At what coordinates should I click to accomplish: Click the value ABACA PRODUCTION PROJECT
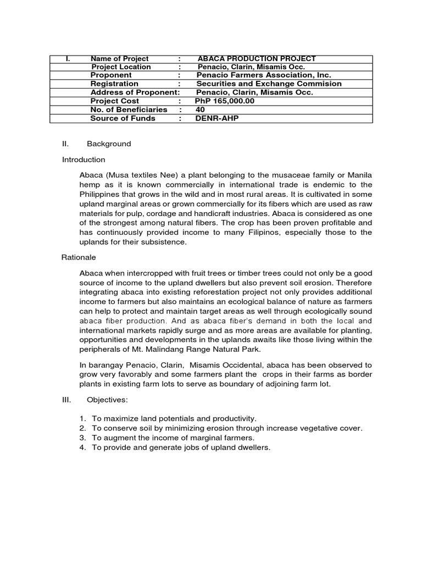point(256,59)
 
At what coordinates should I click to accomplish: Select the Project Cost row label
point(114,101)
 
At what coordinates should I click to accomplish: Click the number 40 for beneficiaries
point(200,109)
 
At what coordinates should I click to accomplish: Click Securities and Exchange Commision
point(269,84)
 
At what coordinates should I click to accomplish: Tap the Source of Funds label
point(123,118)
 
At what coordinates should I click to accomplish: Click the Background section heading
point(109,144)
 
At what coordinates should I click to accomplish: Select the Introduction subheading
point(84,159)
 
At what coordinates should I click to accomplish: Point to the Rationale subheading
point(79,257)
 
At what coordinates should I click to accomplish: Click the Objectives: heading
point(105,401)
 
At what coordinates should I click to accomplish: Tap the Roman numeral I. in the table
point(67,59)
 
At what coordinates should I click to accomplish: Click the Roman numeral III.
point(66,401)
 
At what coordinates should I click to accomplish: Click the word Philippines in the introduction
point(100,194)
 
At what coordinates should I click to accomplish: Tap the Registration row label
point(113,84)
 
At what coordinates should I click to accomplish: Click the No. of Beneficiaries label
point(129,109)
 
